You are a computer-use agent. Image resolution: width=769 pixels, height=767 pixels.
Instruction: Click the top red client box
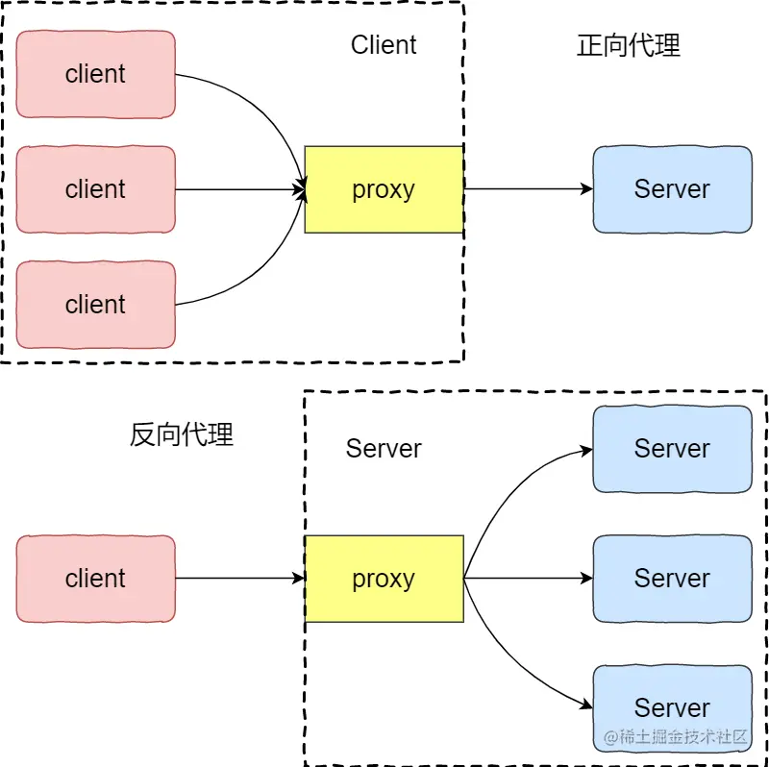95,75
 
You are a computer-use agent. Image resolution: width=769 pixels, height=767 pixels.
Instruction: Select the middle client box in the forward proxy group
95,189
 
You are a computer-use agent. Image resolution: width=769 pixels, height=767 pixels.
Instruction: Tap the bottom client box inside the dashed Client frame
95,305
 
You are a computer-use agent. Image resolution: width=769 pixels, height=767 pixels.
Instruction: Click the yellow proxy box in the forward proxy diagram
384,189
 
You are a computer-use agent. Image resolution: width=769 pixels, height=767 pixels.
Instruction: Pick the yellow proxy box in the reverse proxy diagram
384,579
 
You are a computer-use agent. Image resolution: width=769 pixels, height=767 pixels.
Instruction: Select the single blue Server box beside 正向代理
672,189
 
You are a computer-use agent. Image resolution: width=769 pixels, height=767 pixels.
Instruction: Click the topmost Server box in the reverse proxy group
672,449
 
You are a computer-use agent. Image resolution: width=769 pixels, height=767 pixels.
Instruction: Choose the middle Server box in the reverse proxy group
672,579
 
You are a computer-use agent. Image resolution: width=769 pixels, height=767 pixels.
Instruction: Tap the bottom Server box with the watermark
672,708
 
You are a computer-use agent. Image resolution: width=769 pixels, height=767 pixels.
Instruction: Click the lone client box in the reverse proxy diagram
95,579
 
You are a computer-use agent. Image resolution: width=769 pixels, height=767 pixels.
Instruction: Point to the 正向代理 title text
629,45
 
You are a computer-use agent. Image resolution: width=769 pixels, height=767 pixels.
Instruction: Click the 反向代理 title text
182,434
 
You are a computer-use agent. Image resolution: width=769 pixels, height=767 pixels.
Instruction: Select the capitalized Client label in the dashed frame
384,44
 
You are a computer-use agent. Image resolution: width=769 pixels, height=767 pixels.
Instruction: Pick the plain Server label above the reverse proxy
384,448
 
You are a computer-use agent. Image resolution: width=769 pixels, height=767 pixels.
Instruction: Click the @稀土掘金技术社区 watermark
676,736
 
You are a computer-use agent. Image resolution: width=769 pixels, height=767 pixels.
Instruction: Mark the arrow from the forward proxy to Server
528,188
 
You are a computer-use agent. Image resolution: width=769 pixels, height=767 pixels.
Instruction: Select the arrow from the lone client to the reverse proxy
239,579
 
